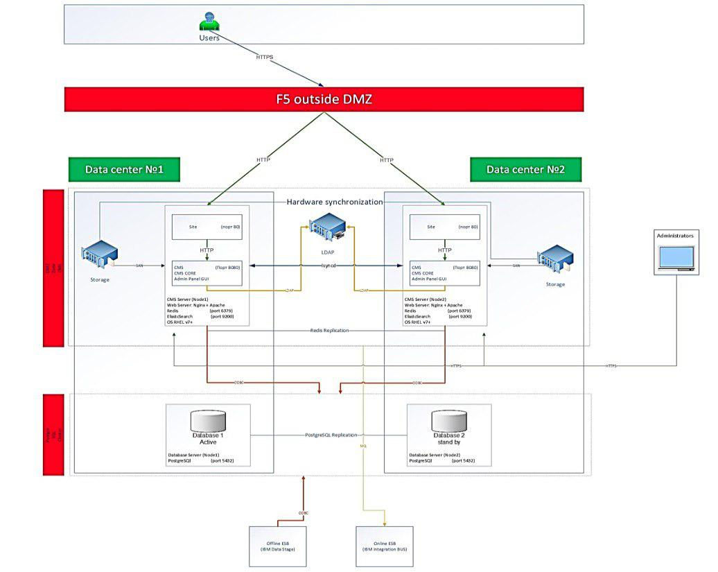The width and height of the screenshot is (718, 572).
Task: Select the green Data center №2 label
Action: pos(525,169)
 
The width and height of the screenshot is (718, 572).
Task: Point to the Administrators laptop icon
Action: pos(675,258)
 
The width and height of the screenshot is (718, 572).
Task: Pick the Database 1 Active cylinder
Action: pos(208,422)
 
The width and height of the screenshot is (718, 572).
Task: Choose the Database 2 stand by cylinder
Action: pos(449,422)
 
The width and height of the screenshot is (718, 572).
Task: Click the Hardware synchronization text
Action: pos(335,202)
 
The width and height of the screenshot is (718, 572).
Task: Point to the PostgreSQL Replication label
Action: pos(331,435)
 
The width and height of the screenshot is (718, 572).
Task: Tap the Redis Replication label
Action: pos(329,331)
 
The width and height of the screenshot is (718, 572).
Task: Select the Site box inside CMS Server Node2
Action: pos(444,227)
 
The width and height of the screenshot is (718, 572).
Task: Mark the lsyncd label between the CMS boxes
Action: pos(329,266)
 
